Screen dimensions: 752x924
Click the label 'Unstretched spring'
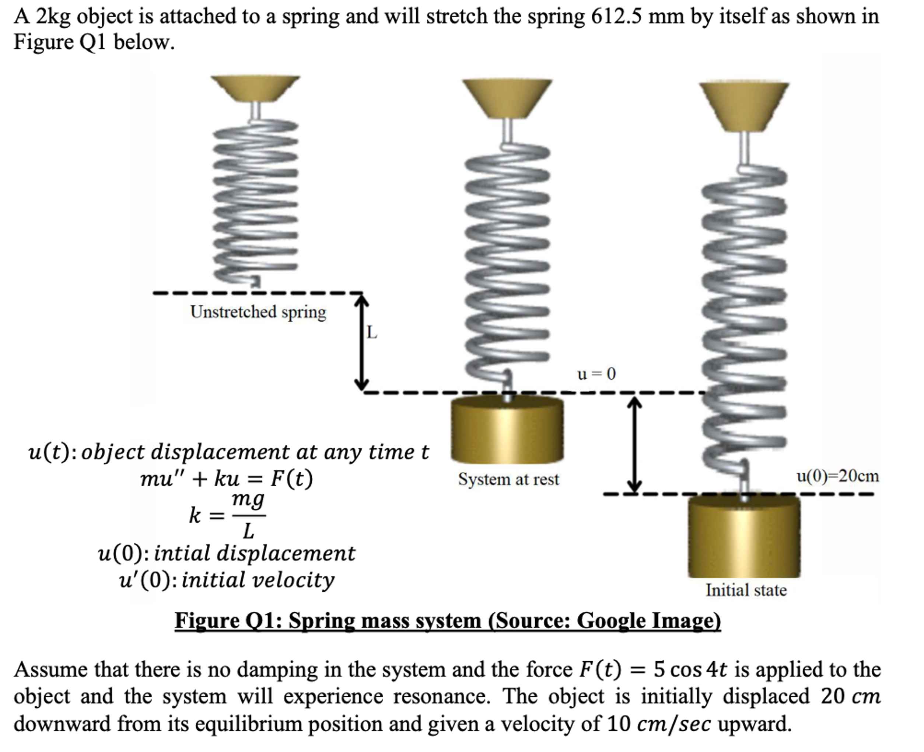click(258, 312)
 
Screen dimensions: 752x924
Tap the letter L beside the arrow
click(371, 333)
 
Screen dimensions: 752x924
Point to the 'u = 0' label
click(596, 374)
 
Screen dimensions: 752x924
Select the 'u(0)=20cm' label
click(837, 476)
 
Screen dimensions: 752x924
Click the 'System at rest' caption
click(508, 480)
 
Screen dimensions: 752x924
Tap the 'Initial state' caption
click(746, 591)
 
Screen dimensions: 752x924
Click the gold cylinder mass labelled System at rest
click(507, 430)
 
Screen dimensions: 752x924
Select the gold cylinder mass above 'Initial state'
click(744, 537)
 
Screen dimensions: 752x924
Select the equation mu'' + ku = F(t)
click(226, 479)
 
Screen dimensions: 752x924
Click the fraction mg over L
click(248, 515)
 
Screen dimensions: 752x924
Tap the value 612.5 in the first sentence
click(617, 17)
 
